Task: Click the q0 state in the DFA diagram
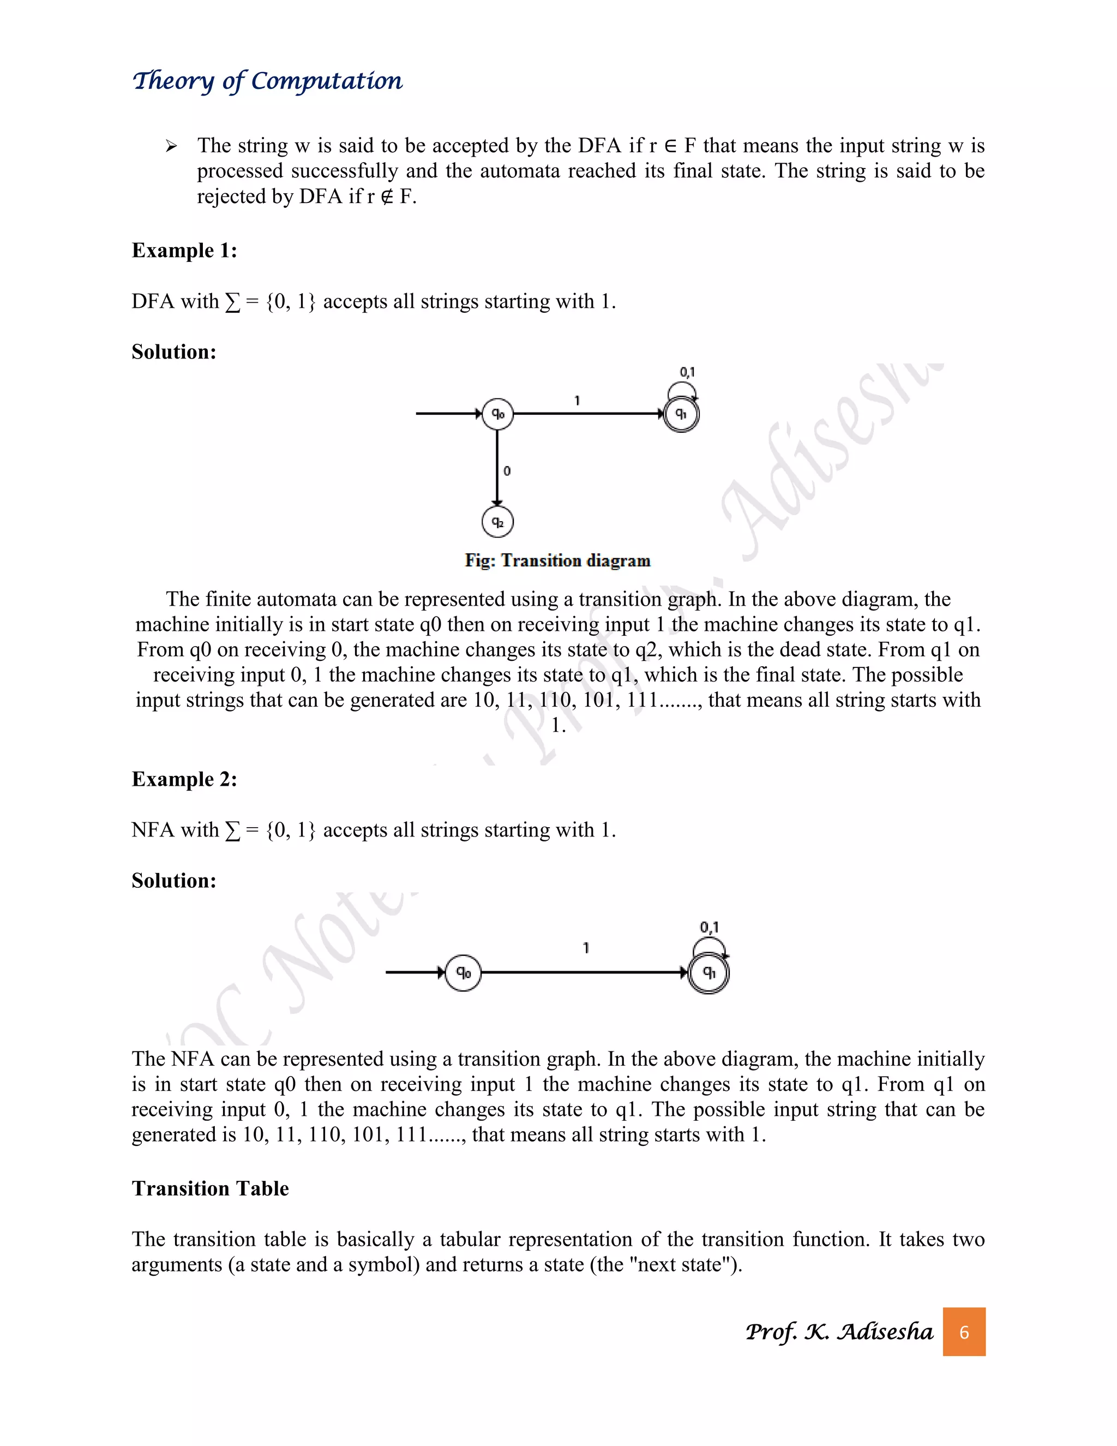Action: point(497,414)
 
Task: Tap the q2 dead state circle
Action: point(497,522)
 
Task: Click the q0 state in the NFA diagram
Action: point(463,972)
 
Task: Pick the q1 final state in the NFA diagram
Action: point(708,972)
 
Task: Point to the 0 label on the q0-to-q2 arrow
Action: point(507,471)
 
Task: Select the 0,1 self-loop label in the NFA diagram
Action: point(710,927)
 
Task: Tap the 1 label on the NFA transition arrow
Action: point(586,948)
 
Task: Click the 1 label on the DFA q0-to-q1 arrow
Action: point(577,401)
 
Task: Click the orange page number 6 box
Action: point(964,1331)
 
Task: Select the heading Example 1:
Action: point(184,250)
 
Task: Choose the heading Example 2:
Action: point(184,779)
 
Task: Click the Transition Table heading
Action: point(210,1188)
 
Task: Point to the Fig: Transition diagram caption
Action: point(557,561)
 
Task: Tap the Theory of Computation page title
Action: point(267,81)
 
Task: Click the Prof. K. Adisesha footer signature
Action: point(839,1331)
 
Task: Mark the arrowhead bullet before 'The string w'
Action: point(171,146)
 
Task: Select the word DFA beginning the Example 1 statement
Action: point(152,301)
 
